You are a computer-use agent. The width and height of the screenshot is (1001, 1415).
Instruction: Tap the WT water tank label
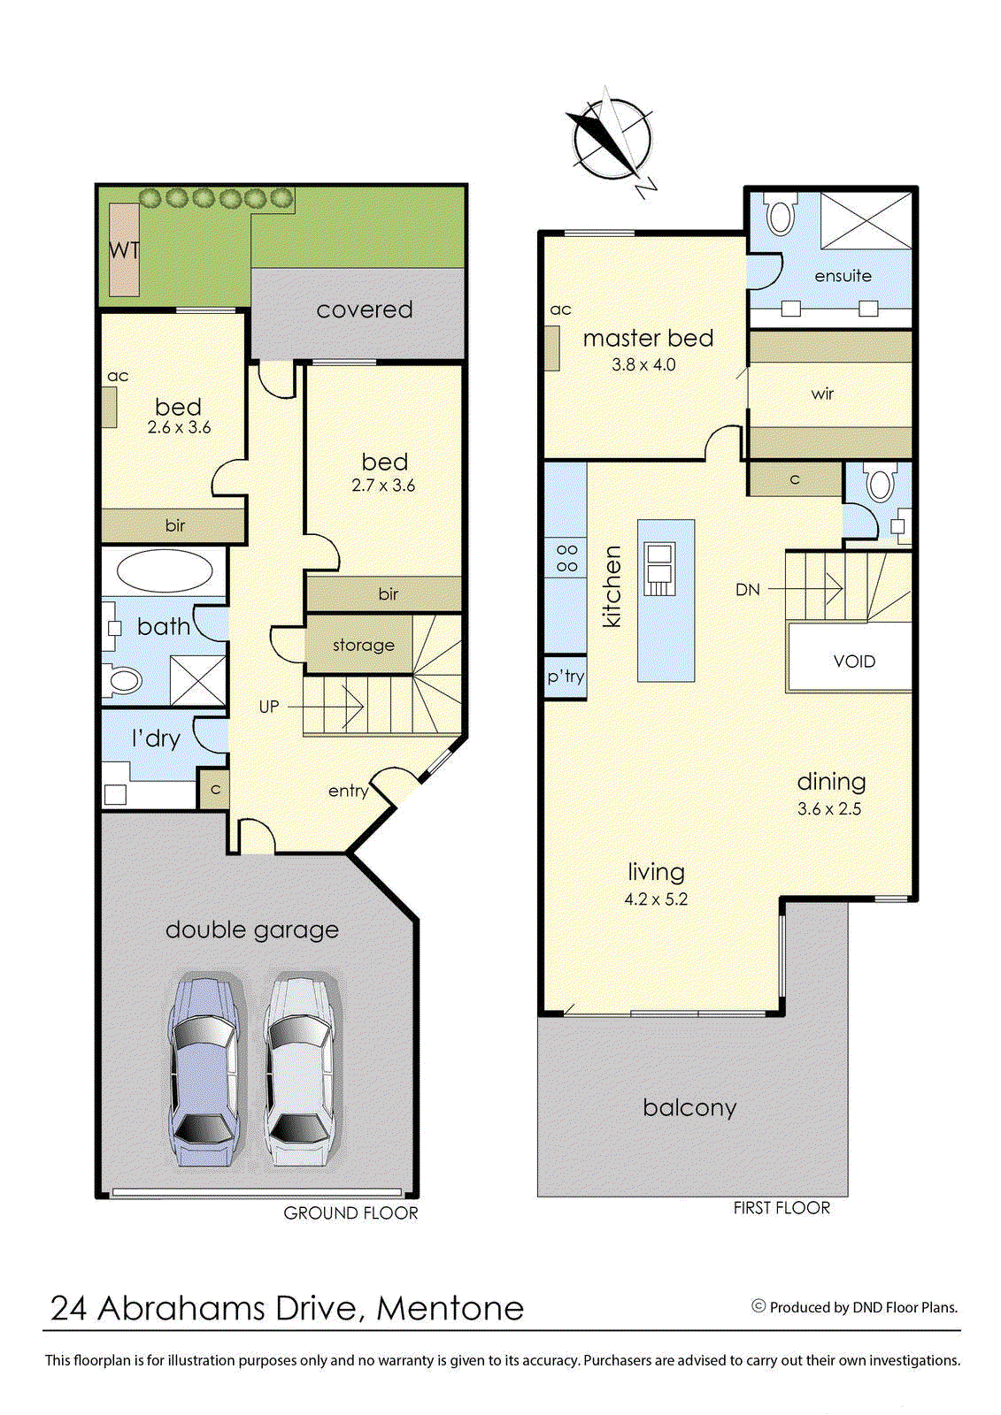(x=124, y=250)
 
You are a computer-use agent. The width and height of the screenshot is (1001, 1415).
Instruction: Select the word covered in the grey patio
(x=364, y=310)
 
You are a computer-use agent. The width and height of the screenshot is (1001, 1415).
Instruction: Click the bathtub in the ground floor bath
(x=165, y=570)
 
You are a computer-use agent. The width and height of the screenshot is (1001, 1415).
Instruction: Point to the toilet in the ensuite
(x=780, y=215)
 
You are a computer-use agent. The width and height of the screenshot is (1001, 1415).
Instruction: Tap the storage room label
(x=363, y=645)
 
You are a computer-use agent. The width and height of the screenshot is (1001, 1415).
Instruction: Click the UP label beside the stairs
(x=269, y=707)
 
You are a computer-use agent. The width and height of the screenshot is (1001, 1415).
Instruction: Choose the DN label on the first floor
(x=747, y=589)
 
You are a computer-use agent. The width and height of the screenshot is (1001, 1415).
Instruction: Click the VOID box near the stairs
(x=853, y=661)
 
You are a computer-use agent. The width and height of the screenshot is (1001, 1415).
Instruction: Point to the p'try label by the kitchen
(x=565, y=677)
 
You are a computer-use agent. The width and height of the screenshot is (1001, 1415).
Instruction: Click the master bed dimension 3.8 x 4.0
(x=643, y=364)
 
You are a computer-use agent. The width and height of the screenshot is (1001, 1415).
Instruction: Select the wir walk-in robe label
(x=822, y=394)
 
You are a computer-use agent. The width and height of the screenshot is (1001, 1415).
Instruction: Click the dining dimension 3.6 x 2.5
(x=828, y=808)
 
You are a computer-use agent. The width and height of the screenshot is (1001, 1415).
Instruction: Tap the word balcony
(x=689, y=1107)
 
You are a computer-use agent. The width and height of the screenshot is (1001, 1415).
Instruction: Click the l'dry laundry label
(x=156, y=738)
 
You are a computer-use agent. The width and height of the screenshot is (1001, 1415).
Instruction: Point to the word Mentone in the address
(x=450, y=1308)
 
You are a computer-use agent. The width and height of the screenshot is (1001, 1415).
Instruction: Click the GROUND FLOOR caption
(x=350, y=1213)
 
